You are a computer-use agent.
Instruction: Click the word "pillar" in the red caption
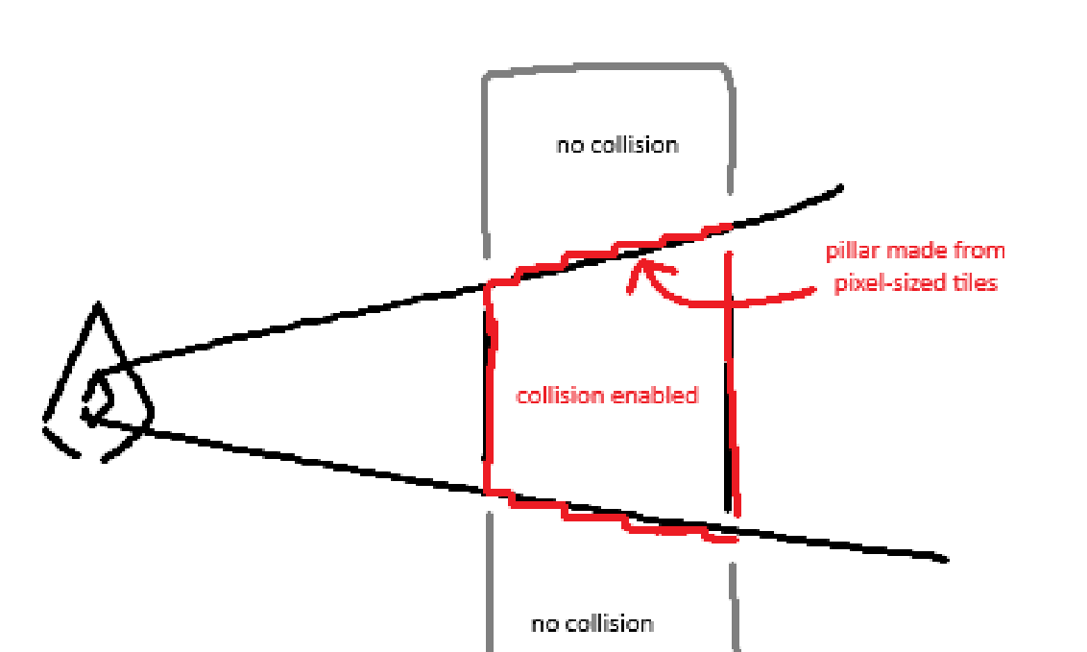tap(852, 252)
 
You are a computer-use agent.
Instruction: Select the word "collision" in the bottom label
tap(606, 623)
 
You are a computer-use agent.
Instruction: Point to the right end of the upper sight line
tap(841, 187)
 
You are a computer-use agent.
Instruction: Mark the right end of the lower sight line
tap(946, 559)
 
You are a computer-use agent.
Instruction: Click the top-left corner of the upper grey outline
tap(486, 77)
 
